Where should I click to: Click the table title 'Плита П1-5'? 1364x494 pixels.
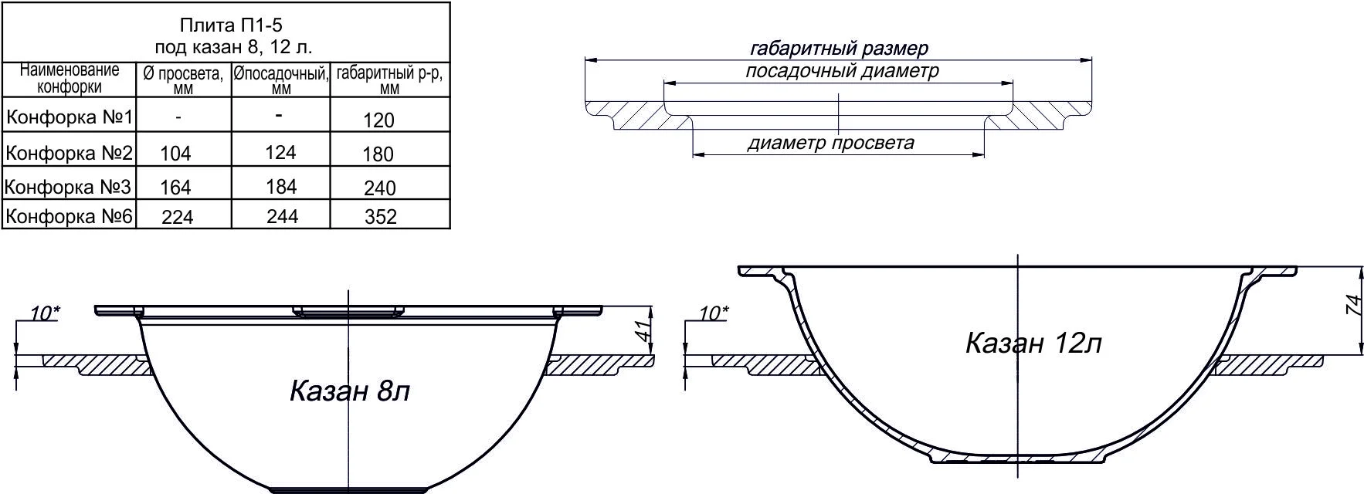click(x=228, y=25)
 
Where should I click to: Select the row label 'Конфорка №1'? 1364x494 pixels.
click(x=70, y=118)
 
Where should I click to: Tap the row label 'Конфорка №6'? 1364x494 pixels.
click(x=70, y=216)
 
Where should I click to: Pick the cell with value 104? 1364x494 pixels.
click(x=175, y=154)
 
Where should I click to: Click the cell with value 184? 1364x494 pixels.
click(x=281, y=187)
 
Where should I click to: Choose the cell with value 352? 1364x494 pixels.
click(x=380, y=217)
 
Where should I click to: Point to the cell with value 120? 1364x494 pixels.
click(x=378, y=120)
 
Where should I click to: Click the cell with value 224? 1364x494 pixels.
click(x=178, y=218)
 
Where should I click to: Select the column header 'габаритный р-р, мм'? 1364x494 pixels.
click(x=390, y=80)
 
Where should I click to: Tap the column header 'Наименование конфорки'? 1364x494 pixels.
click(x=70, y=79)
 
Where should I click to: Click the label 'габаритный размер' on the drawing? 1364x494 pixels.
click(x=839, y=49)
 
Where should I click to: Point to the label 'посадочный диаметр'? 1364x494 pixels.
click(x=842, y=72)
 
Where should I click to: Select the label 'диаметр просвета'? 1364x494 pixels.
click(x=831, y=143)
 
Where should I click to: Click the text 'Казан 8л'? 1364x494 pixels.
click(x=349, y=391)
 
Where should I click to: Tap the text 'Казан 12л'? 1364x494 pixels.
click(x=1033, y=343)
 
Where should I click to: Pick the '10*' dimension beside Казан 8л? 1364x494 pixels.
click(x=45, y=313)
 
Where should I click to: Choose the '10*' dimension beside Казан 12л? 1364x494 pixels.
click(x=713, y=313)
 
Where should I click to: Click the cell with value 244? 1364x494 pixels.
click(x=282, y=217)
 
